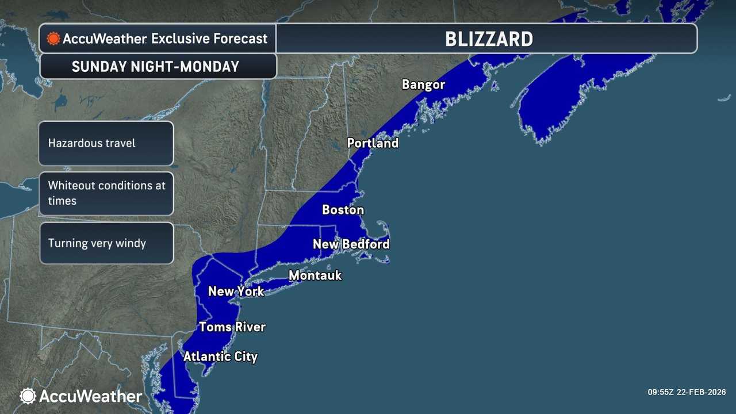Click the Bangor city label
[423, 85]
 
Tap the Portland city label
[373, 143]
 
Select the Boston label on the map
[343, 210]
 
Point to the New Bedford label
[351, 244]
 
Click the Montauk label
[315, 275]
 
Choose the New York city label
[236, 291]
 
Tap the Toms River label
[232, 327]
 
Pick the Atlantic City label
[220, 356]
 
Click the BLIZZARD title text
[489, 39]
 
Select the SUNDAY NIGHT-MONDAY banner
[155, 67]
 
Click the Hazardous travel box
[106, 143]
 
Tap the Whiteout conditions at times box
[106, 193]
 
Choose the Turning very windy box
[106, 243]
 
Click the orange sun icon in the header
[53, 39]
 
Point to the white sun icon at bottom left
[28, 396]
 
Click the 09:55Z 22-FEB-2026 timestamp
[687, 392]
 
